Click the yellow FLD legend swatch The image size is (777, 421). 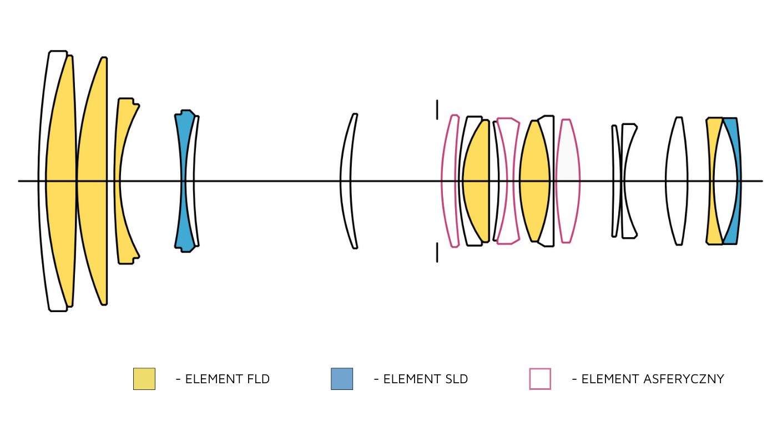click(144, 379)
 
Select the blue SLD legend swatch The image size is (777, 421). click(342, 379)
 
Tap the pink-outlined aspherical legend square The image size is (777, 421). click(540, 379)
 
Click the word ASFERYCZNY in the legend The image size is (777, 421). click(684, 379)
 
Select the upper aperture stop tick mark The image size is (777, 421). click(437, 109)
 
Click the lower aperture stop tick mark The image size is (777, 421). click(437, 252)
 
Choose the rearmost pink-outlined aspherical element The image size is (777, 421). click(568, 181)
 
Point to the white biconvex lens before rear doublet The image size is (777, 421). click(677, 181)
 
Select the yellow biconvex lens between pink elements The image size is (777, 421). click(534, 181)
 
